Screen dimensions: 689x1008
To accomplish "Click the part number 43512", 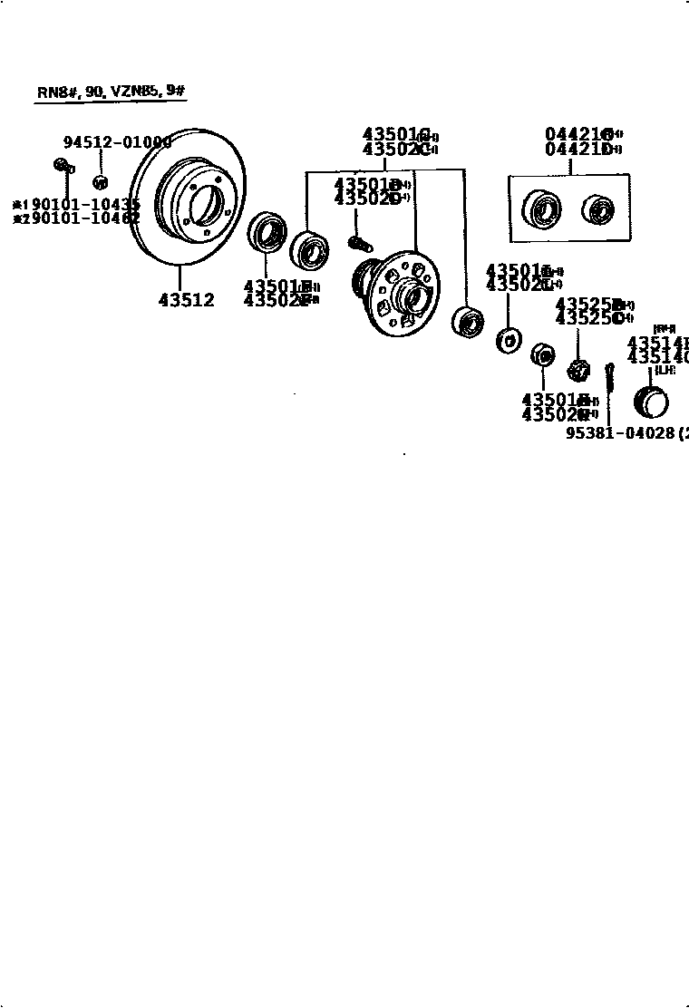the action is [187, 300].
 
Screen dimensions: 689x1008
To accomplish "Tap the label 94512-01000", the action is [117, 142].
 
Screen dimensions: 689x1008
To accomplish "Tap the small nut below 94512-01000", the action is [101, 182].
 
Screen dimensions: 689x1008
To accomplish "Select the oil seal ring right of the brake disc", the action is [266, 232].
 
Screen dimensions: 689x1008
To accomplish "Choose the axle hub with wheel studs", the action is [400, 291].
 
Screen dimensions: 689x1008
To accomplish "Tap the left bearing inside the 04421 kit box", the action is [541, 211].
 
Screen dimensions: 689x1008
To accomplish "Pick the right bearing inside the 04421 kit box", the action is [597, 210].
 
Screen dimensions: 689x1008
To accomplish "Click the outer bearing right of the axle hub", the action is [467, 321].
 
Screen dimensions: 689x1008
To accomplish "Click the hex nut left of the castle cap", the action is [541, 354].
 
